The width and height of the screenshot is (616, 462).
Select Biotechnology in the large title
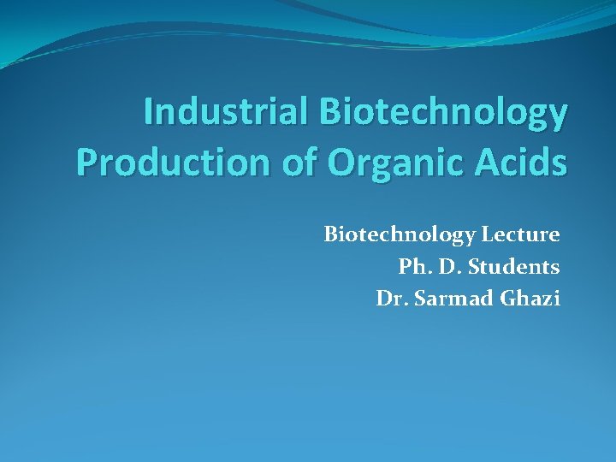[443, 113]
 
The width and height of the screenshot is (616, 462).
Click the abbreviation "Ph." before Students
[413, 267]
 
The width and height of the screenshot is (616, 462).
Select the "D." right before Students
[451, 267]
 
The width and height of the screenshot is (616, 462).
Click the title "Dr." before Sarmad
[389, 299]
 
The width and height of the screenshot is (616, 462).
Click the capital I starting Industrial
[149, 113]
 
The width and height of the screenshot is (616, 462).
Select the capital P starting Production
[87, 162]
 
